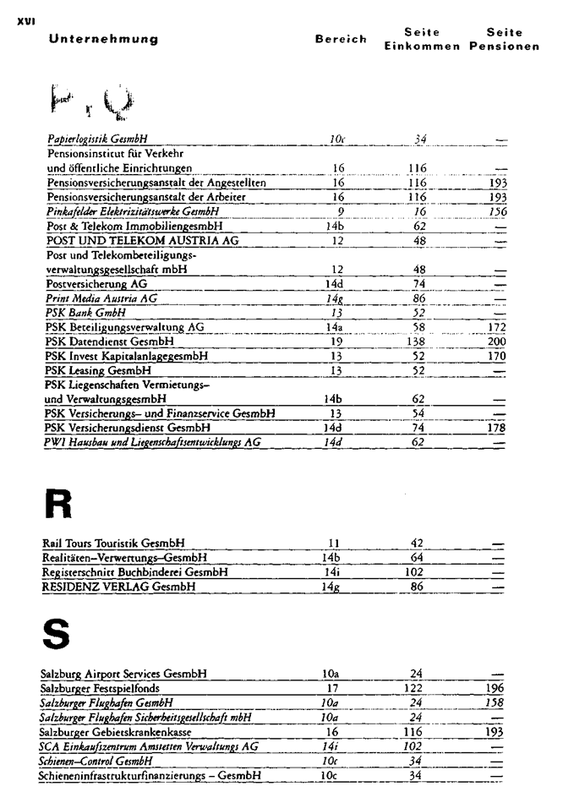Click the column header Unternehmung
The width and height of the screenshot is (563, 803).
[x=103, y=40]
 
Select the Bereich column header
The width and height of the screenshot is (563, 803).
[x=341, y=40]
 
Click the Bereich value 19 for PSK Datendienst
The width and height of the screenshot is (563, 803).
[x=338, y=341]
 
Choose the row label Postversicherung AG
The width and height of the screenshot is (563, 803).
[x=96, y=284]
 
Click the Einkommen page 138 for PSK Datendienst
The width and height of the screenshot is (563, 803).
[x=418, y=341]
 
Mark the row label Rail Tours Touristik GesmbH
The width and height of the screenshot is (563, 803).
[x=114, y=543]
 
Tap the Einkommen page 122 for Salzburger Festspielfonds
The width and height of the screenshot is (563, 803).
[x=416, y=689]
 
